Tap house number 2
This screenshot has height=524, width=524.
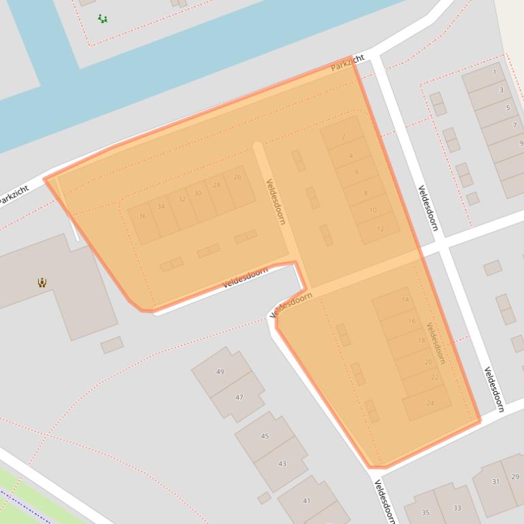coord(343,137)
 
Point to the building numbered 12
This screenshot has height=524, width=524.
coord(380,229)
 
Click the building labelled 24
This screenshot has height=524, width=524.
coord(429,404)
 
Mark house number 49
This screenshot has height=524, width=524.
coord(220,372)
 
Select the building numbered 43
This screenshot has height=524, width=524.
coord(282,464)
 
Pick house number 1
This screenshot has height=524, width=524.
coord(495,72)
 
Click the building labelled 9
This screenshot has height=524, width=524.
coord(521,144)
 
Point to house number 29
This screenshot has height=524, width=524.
coord(515,477)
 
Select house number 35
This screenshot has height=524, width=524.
coord(425,512)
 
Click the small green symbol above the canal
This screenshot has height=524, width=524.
coord(102,19)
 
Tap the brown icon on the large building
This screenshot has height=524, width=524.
coord(42,282)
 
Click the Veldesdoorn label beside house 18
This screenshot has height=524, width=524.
coord(436,343)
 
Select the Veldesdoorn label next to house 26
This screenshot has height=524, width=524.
coord(276,201)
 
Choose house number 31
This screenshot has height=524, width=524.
coord(495,482)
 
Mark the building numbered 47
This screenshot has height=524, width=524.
coord(239,397)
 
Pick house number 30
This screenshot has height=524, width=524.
coord(198,193)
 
